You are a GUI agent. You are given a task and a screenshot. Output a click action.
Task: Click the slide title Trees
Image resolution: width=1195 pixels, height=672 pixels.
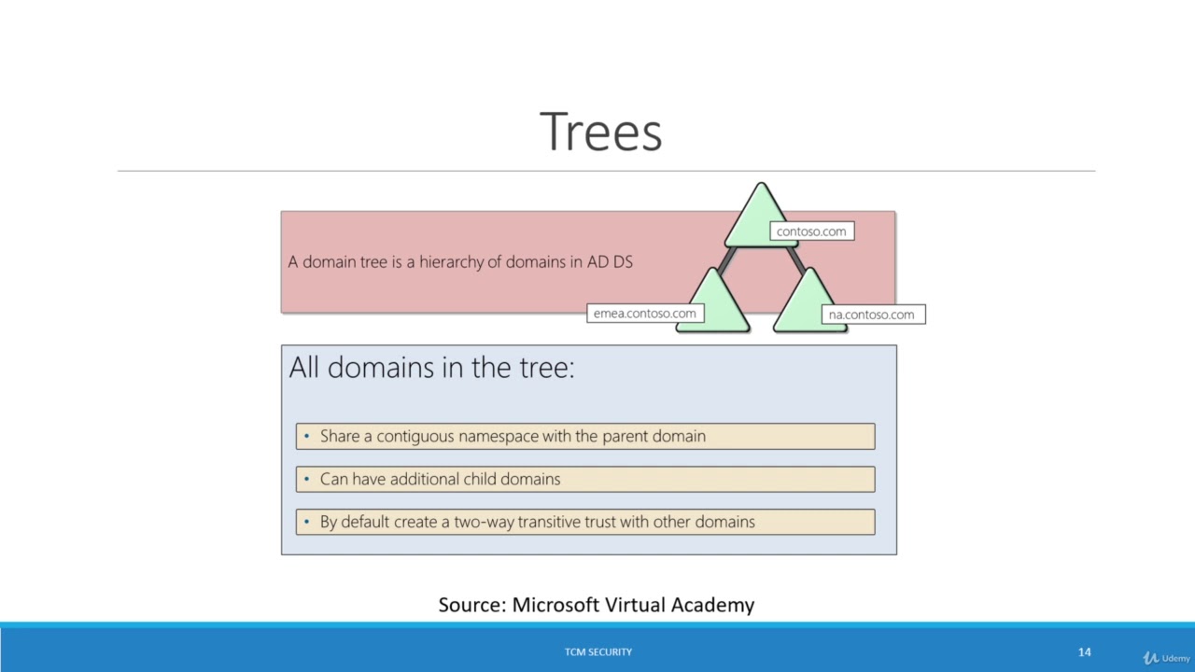click(600, 132)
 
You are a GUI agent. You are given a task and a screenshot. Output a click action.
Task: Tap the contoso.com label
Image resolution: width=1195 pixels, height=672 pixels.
click(811, 231)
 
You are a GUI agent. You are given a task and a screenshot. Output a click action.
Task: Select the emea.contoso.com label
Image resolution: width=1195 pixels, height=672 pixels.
click(644, 314)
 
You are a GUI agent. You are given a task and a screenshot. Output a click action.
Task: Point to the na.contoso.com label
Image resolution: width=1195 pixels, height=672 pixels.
click(871, 315)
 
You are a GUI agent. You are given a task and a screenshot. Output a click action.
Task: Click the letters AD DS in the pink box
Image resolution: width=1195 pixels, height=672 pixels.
click(610, 262)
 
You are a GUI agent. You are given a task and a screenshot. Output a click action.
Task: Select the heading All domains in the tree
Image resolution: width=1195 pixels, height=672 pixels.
click(431, 367)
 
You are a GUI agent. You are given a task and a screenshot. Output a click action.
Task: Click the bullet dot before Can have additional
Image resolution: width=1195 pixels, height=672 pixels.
click(306, 479)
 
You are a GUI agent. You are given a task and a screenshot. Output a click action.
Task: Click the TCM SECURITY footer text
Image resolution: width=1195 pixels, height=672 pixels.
click(597, 651)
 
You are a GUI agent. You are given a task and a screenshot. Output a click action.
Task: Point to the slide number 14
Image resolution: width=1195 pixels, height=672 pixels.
click(1084, 651)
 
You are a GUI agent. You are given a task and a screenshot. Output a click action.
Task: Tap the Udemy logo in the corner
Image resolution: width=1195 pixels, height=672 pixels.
click(1167, 658)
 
